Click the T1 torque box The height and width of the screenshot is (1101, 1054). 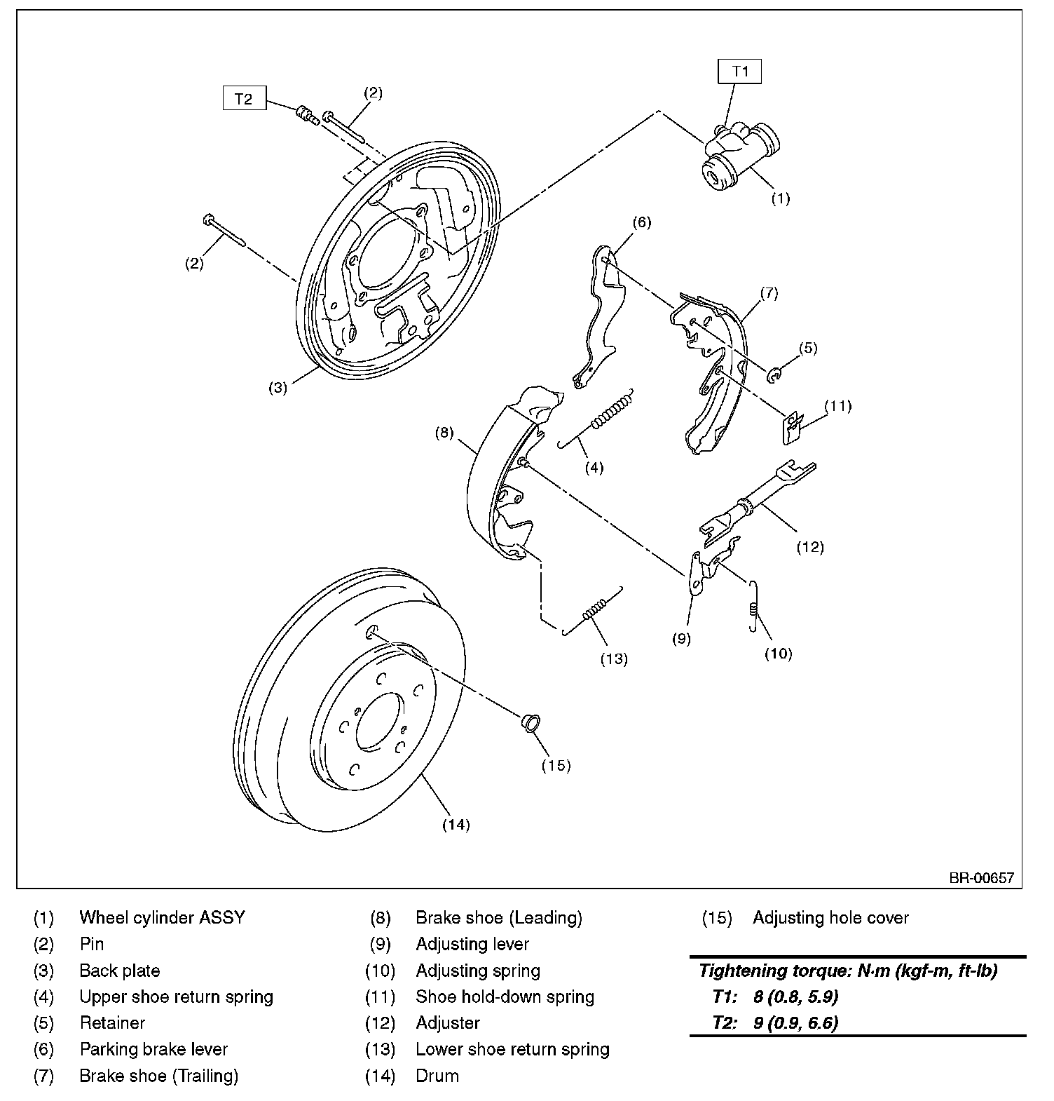point(740,72)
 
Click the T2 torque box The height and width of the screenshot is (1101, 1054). point(243,99)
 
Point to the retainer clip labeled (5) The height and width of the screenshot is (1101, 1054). point(774,375)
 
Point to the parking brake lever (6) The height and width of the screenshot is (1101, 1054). point(600,316)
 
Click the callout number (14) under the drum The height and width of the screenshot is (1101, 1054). point(456,825)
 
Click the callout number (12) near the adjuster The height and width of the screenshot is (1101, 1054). point(809,546)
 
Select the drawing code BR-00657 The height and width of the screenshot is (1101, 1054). point(981,877)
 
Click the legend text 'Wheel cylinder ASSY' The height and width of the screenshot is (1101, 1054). point(162,917)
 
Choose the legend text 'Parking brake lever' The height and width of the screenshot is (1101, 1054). point(153,1049)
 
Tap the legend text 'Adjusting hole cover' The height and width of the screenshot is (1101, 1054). point(830,917)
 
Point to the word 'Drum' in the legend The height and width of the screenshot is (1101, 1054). point(437,1076)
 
